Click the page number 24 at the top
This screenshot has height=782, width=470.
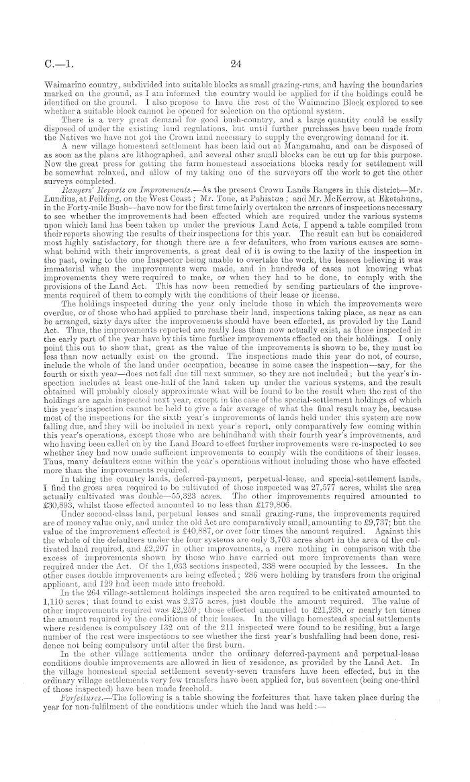234,65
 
